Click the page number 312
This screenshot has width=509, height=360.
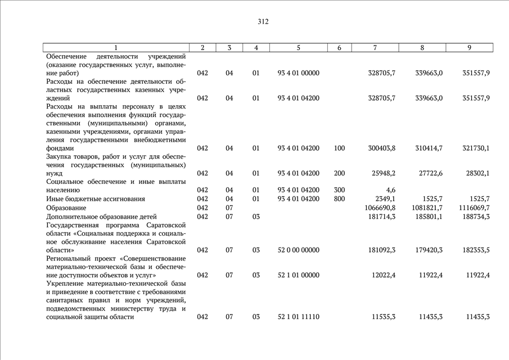(x=263, y=22)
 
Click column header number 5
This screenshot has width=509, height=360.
(x=299, y=48)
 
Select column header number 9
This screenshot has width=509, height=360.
(x=469, y=48)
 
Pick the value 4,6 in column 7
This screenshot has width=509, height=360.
(x=391, y=191)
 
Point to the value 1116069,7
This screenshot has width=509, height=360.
(x=474, y=208)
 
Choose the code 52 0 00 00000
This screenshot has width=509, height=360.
(x=299, y=250)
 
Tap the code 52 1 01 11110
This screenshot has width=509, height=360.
(x=299, y=317)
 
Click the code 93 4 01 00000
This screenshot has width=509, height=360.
(x=299, y=73)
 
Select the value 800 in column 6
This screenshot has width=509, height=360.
(x=339, y=199)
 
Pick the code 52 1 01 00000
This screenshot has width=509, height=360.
(x=299, y=275)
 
